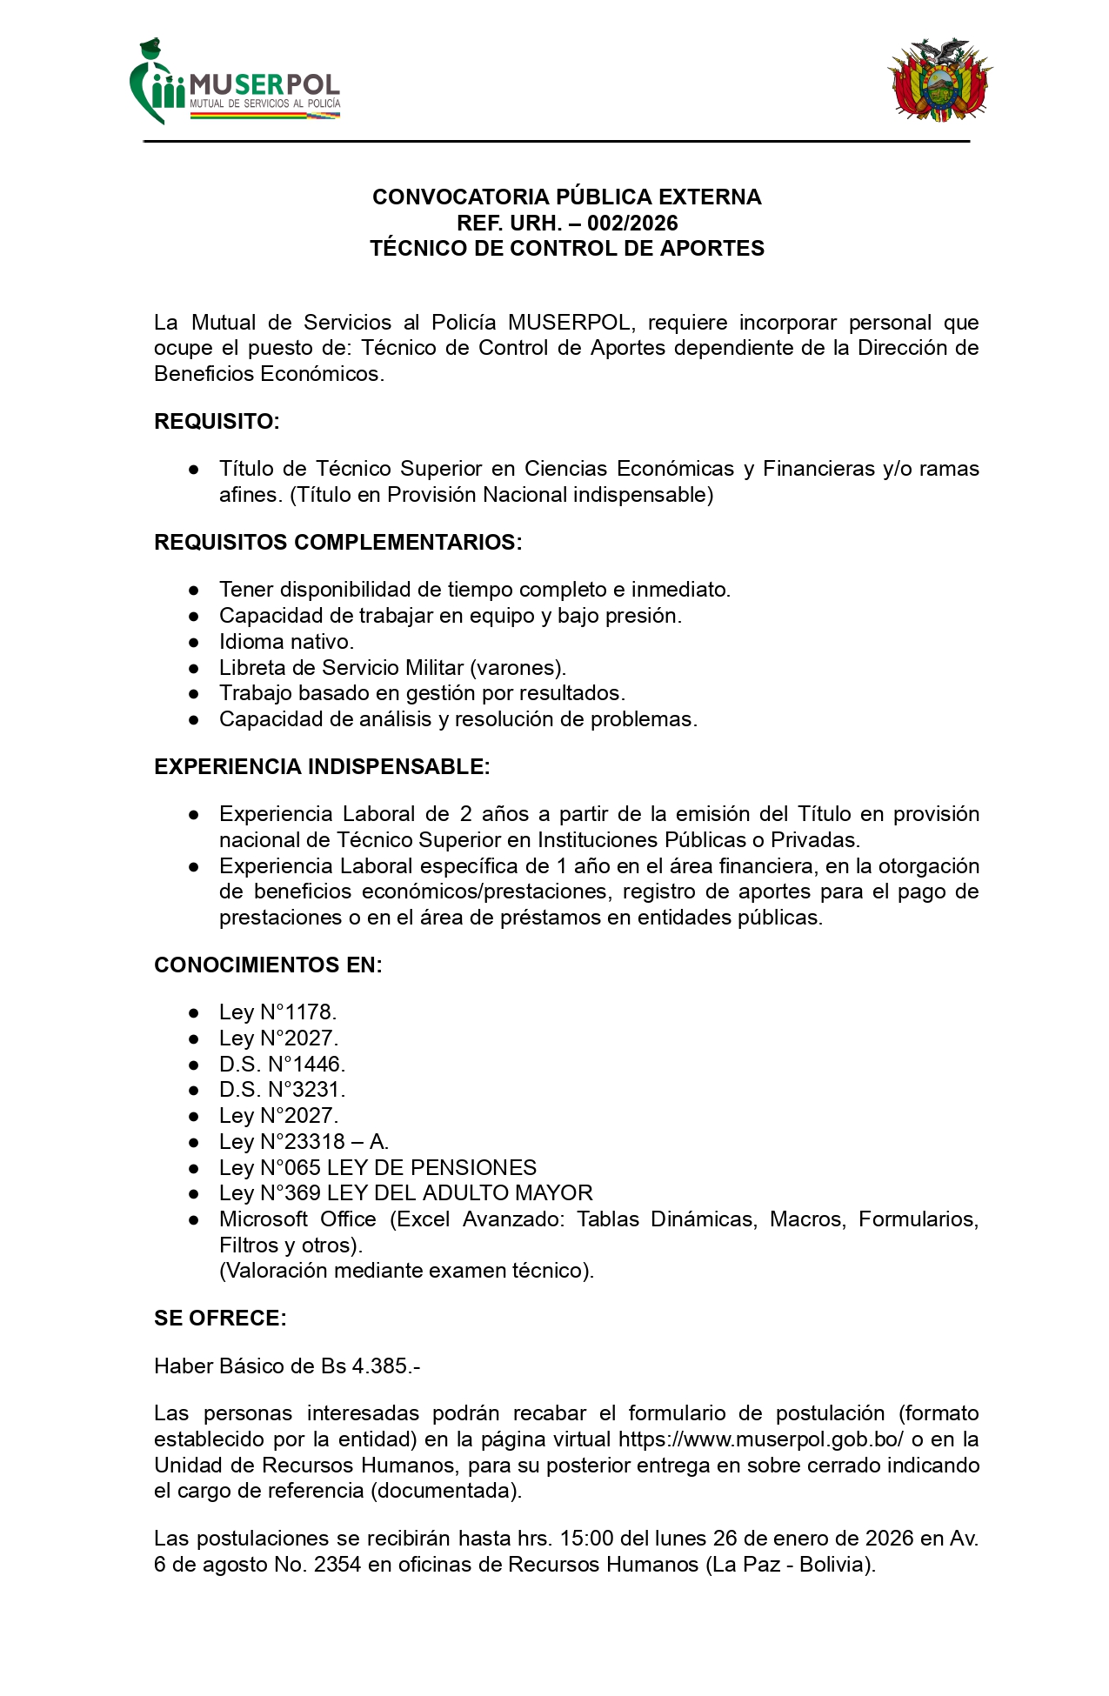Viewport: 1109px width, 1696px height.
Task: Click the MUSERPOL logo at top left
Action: pos(235,83)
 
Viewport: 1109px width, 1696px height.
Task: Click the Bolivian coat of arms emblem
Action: pos(939,80)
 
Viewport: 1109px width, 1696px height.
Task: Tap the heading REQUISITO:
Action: pos(217,422)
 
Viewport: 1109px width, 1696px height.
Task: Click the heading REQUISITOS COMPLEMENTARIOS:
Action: pos(337,543)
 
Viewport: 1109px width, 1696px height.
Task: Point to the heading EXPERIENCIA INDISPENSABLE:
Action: pos(322,767)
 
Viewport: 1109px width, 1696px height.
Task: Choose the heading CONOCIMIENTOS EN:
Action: pos(268,965)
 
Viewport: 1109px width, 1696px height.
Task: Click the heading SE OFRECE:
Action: pos(220,1319)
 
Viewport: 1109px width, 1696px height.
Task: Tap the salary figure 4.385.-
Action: pos(386,1366)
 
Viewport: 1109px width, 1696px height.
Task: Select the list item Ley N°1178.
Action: pos(277,1012)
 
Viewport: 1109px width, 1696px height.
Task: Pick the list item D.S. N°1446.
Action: pos(282,1065)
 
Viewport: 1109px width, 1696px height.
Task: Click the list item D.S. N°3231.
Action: pos(282,1090)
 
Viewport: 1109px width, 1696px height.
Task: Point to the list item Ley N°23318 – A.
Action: pos(304,1142)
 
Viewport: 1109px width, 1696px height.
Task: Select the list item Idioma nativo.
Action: pos(286,642)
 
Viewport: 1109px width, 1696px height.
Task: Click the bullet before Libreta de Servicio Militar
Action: pos(194,668)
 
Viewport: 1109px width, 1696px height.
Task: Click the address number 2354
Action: pos(337,1565)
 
